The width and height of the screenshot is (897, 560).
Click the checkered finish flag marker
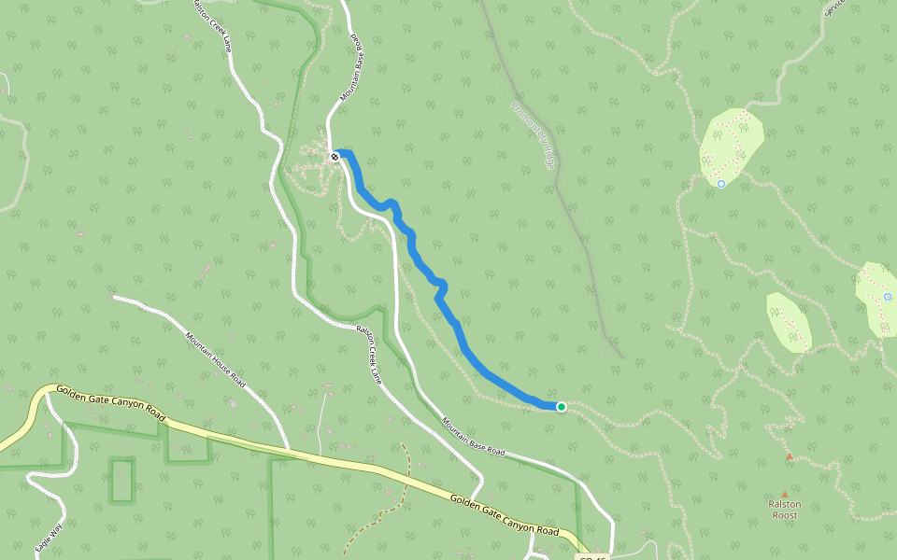coord(335,157)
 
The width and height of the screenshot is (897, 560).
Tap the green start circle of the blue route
coord(561,406)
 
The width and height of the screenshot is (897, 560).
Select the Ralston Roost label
coord(784,509)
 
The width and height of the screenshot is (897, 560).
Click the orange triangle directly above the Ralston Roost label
coord(784,494)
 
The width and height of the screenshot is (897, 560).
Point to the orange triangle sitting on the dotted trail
coord(790,456)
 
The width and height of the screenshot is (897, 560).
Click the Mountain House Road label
coord(215,360)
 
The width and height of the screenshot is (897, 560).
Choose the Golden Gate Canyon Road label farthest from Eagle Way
coord(505,514)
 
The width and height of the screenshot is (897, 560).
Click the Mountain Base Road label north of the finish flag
coord(351,70)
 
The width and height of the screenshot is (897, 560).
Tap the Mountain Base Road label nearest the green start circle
coord(473,437)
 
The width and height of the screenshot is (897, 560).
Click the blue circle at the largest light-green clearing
coord(721,184)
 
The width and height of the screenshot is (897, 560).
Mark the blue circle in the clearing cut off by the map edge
coord(888,297)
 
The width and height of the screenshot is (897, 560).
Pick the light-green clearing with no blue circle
coord(788,323)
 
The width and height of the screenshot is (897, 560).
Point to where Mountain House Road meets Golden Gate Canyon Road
coord(289,452)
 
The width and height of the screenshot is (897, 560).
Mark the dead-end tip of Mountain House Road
coord(113,298)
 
